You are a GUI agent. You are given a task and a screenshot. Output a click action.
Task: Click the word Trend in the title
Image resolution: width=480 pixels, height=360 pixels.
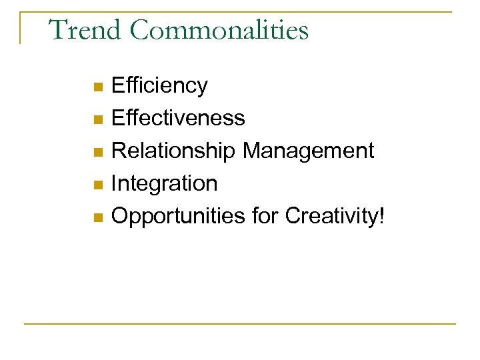tap(85, 31)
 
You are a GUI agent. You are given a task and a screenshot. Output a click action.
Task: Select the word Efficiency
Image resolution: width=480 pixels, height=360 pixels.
tap(159, 86)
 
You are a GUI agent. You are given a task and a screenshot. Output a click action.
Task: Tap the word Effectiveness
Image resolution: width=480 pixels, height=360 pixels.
tap(178, 119)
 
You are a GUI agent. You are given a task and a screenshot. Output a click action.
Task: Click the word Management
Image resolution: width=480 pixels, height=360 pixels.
tap(308, 151)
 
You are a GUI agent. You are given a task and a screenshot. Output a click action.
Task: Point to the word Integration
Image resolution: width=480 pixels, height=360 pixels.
tap(164, 183)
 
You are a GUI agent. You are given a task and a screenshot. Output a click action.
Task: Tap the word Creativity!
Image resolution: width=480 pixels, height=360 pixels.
tap(335, 216)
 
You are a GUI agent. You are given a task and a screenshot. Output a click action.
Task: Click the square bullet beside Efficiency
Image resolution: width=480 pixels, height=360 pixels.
tap(97, 87)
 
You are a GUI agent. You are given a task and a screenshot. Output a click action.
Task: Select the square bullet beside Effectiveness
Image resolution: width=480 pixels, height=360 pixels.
tap(97, 120)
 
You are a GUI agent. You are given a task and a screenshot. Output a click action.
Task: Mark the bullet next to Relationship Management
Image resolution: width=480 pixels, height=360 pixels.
tap(97, 153)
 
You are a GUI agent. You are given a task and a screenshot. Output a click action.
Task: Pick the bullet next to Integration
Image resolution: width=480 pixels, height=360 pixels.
tap(97, 185)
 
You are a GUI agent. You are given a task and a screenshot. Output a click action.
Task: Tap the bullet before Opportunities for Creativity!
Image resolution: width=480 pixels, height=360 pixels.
tap(97, 217)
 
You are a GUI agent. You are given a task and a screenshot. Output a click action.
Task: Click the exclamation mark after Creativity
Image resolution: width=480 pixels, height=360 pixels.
tap(381, 215)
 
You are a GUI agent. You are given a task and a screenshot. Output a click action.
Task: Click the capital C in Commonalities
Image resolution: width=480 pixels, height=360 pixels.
tap(139, 31)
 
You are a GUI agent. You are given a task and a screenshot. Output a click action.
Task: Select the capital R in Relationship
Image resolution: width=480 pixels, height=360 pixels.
tap(119, 151)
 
